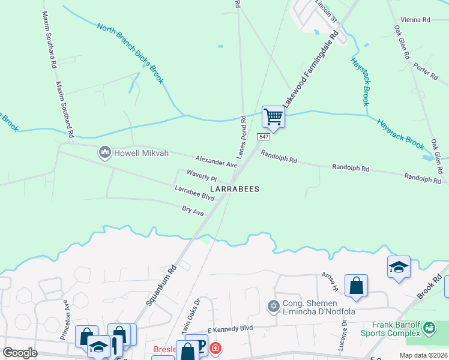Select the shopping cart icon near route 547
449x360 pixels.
(273, 116)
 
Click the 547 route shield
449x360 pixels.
(265, 137)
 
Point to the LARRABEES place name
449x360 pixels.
(235, 189)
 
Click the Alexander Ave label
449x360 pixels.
(217, 161)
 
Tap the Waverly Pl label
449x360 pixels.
(201, 175)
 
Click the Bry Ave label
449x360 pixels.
(193, 211)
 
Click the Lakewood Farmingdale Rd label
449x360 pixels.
(311, 71)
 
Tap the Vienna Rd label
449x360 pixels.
(418, 20)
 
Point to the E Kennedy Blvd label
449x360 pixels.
(230, 328)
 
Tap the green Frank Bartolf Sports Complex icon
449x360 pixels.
(429, 328)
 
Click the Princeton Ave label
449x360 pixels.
(67, 312)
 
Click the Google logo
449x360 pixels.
(20, 353)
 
